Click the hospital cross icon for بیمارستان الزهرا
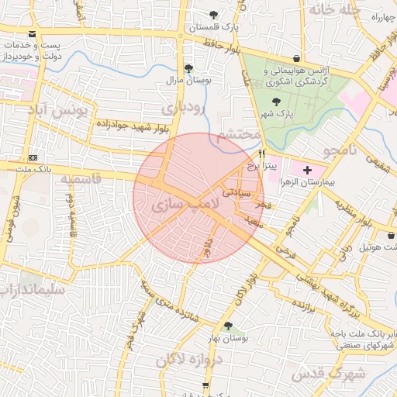(307, 169)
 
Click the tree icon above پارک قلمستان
(214, 15)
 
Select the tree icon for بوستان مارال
(188, 68)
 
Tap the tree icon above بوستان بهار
(227, 326)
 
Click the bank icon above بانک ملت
(32, 157)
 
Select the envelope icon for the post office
(32, 34)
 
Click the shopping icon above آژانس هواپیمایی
(297, 58)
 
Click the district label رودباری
(189, 107)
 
